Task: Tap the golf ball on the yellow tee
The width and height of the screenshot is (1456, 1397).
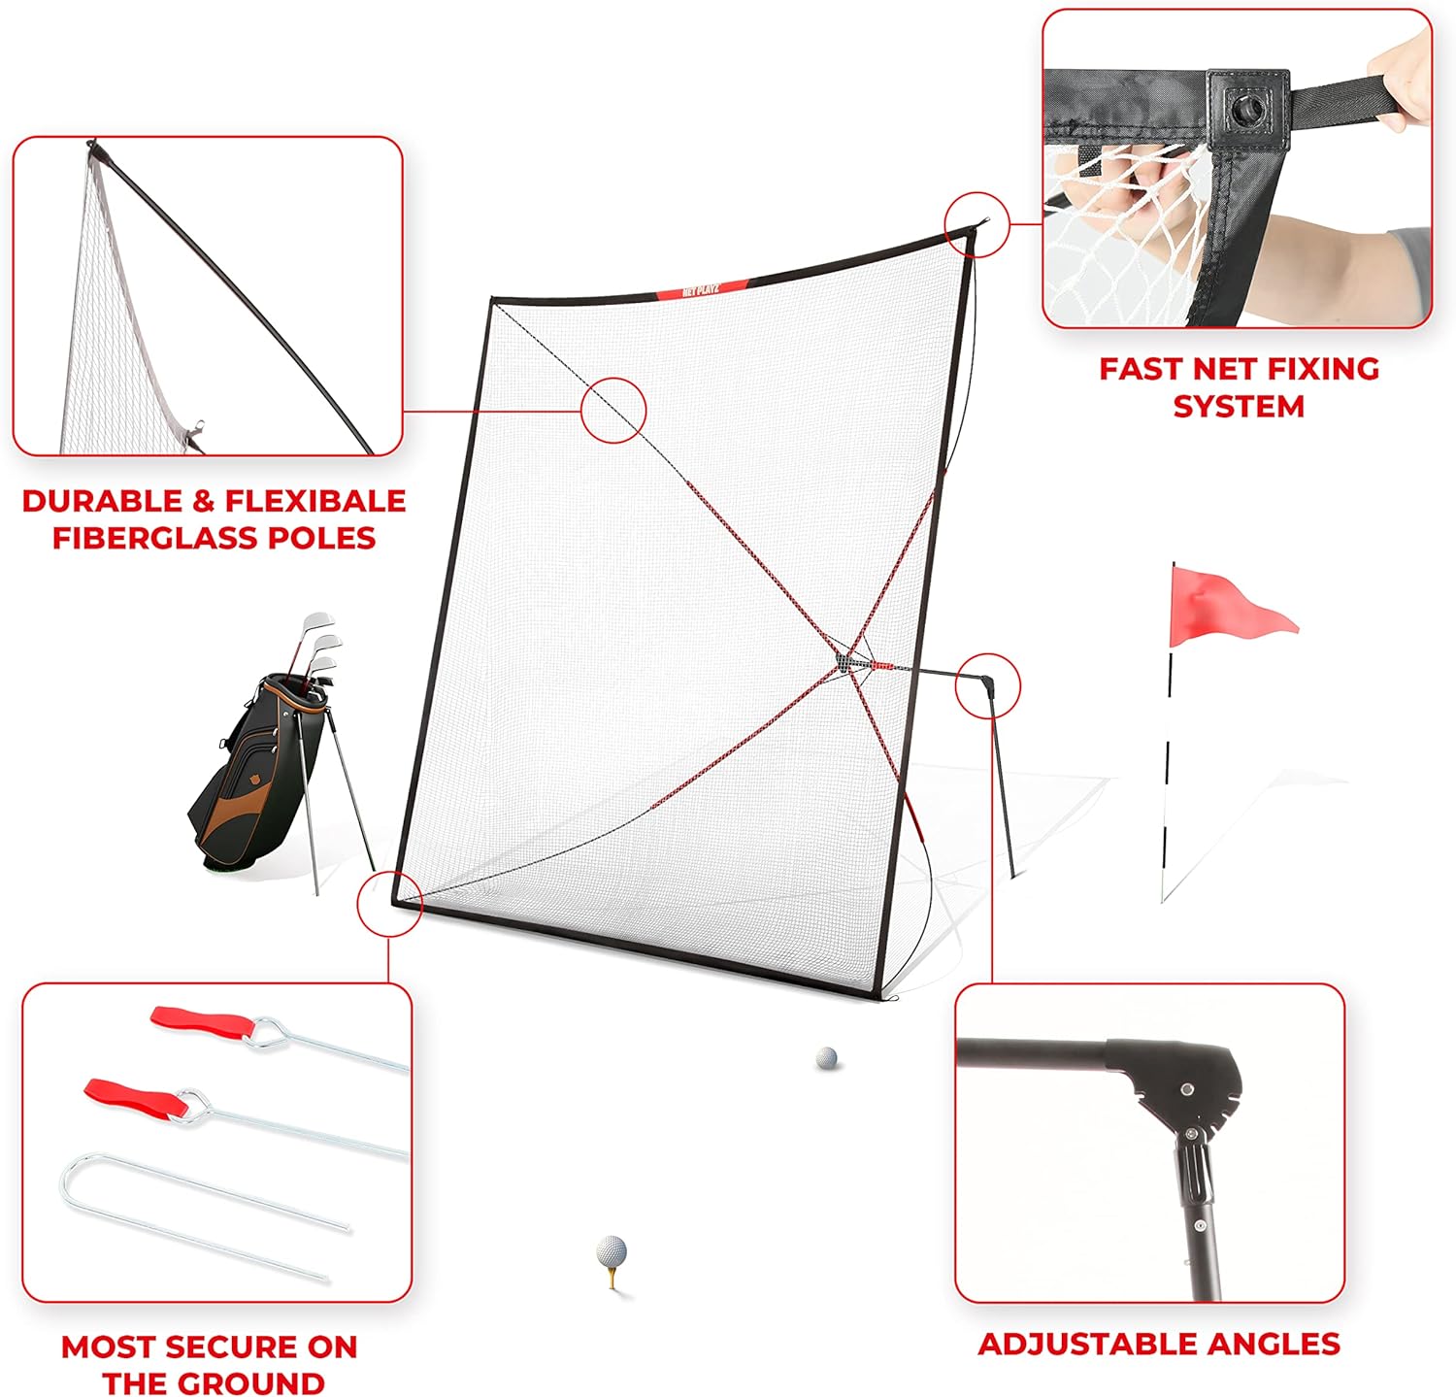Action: (612, 1250)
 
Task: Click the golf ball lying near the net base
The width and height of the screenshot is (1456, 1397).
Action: (826, 1058)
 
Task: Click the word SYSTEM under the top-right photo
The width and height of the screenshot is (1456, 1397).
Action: (1239, 406)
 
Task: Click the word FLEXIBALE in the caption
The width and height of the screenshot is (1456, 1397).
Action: (315, 501)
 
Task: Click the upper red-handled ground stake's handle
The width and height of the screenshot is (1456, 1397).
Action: (201, 1021)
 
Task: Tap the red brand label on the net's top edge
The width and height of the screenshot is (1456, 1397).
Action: (702, 289)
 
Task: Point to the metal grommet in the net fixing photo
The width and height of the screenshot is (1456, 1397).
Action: (1245, 108)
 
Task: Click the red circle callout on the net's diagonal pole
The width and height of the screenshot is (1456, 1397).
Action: (613, 410)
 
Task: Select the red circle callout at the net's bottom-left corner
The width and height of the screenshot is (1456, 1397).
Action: (389, 903)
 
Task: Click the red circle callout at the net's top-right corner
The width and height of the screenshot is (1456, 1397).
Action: (976, 224)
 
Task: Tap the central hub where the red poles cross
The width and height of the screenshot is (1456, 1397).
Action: (852, 659)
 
